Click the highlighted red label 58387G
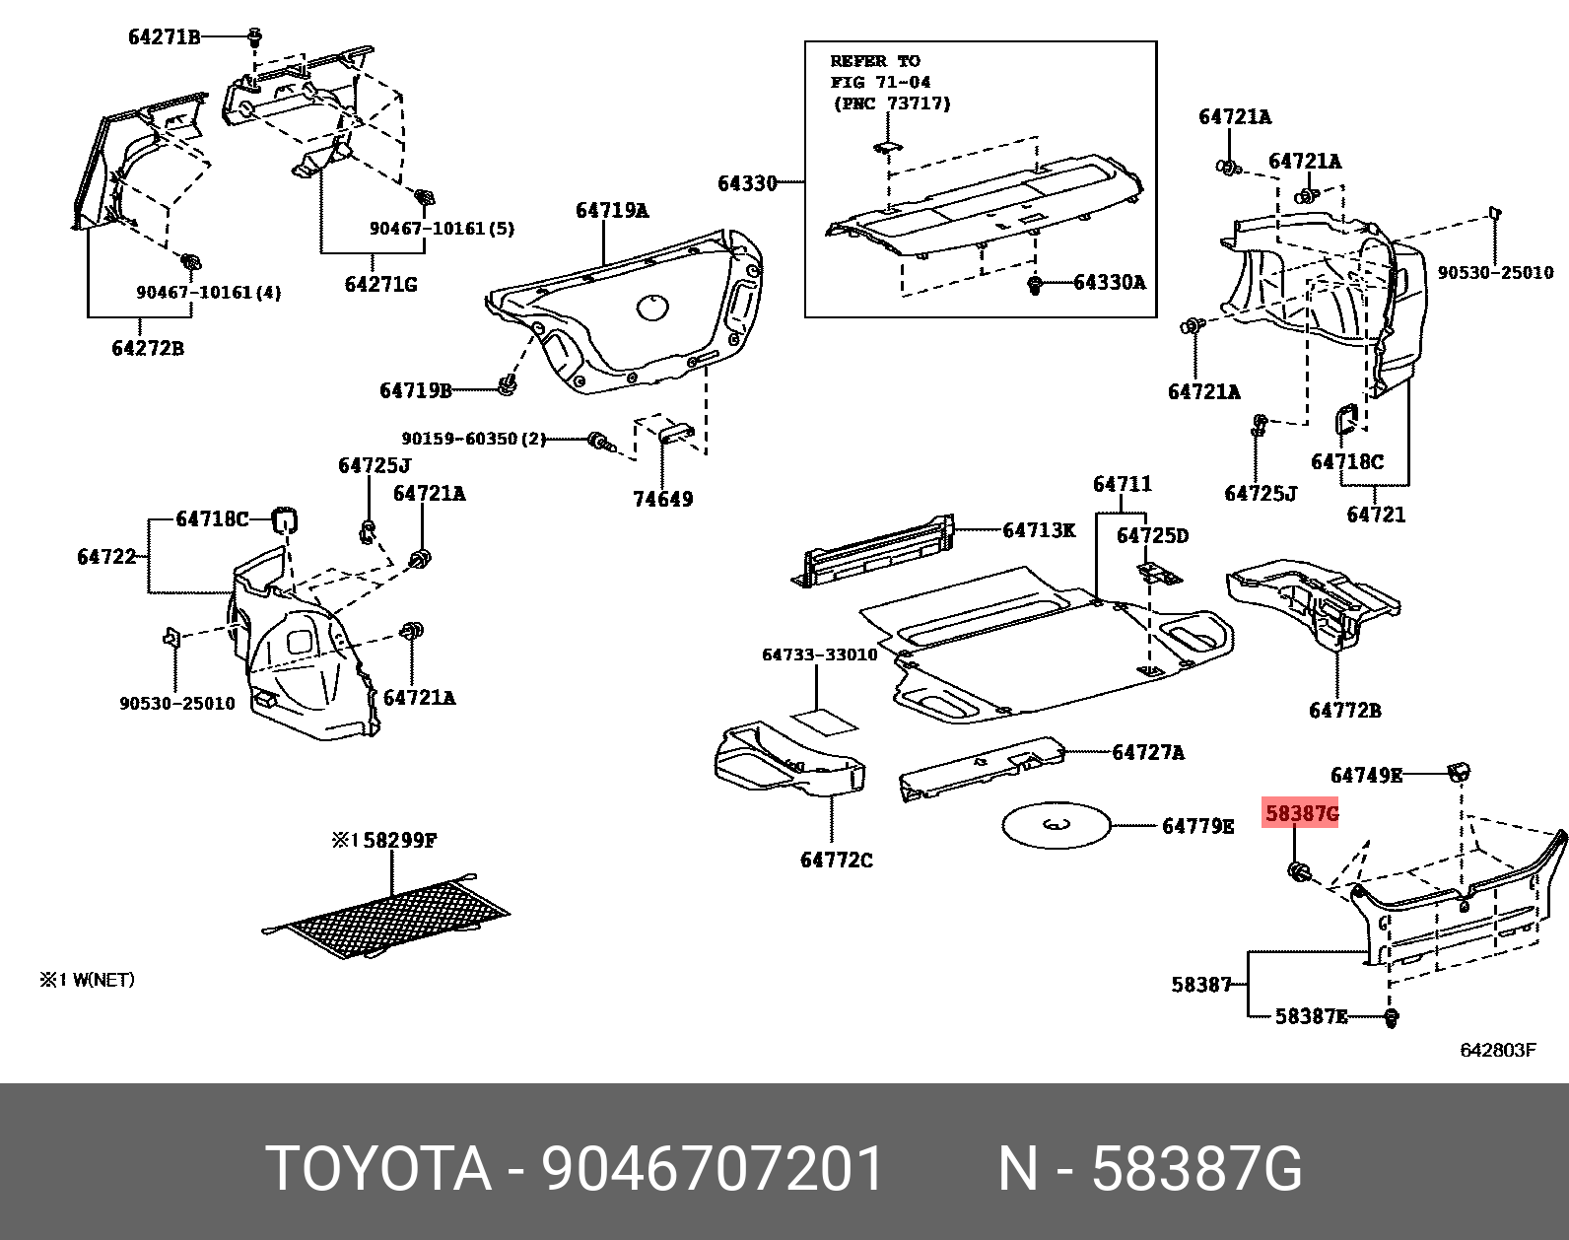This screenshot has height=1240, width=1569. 1301,814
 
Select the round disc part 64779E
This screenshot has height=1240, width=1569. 1056,825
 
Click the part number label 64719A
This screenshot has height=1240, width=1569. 612,210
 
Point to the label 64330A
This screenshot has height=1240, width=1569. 1109,283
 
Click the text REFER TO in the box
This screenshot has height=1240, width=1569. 875,61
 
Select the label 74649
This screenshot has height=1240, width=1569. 662,499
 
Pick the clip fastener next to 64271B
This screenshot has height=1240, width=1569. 255,38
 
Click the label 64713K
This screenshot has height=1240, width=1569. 1039,530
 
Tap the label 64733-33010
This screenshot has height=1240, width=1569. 819,654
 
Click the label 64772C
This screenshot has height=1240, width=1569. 836,860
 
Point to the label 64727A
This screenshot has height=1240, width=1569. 1148,752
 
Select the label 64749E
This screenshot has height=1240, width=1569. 1365,775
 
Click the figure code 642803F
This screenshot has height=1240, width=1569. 1497,1050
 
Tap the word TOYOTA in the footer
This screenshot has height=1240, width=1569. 378,1169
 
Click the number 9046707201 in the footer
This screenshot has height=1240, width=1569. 714,1169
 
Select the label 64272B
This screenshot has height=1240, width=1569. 147,348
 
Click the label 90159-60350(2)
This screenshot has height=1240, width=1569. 473,439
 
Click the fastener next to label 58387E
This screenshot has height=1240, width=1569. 1392,1017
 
